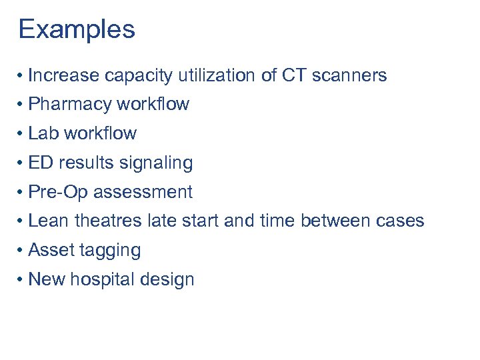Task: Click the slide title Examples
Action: pyautogui.click(x=77, y=29)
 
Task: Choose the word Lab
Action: pyautogui.click(x=43, y=133)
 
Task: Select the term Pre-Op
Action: pyautogui.click(x=58, y=192)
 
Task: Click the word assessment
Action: pyautogui.click(x=143, y=192)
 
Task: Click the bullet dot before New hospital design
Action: pyautogui.click(x=22, y=279)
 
